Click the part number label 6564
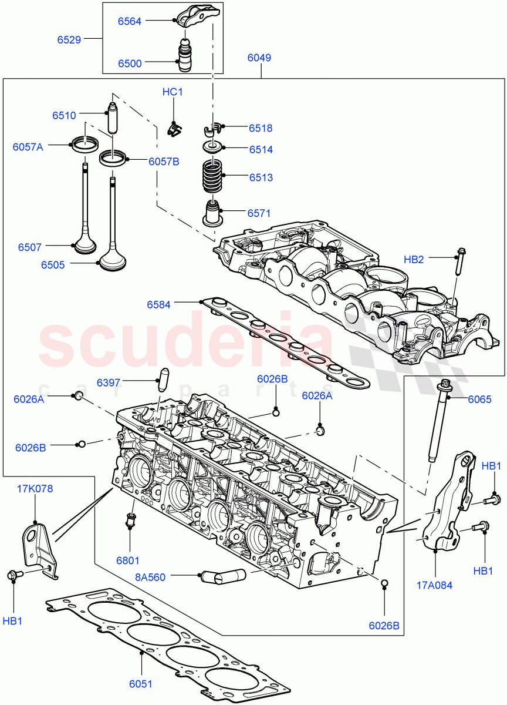coord(130,21)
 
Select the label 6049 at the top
coord(259,58)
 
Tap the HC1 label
coord(173,92)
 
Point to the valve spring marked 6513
coord(214,176)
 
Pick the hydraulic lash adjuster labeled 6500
coord(186,56)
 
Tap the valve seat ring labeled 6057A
coord(84,145)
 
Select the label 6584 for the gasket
coord(158,304)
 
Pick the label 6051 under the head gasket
coord(141,684)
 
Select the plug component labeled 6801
coord(130,521)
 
